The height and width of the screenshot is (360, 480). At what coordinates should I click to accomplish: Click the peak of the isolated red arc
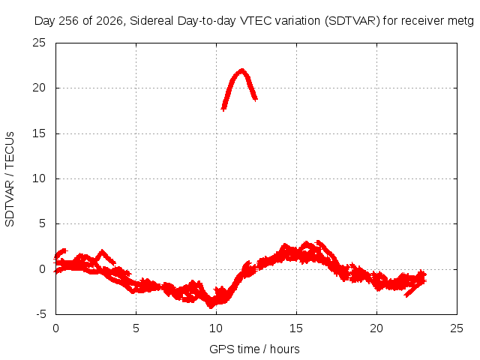click(x=242, y=70)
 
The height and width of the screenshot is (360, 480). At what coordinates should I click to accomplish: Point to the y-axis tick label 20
click(x=39, y=88)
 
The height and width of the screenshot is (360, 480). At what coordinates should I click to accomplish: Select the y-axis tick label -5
click(x=41, y=314)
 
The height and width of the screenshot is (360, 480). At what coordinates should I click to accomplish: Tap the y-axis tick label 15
click(x=39, y=133)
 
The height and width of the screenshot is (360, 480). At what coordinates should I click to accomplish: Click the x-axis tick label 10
click(x=216, y=328)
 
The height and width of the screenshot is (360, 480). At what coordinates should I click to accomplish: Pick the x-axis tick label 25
click(x=457, y=328)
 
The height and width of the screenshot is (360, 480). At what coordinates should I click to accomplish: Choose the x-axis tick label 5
click(x=136, y=328)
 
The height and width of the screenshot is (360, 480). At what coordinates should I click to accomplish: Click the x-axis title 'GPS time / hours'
click(x=254, y=349)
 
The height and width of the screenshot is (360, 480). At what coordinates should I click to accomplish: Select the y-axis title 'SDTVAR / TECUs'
click(x=10, y=179)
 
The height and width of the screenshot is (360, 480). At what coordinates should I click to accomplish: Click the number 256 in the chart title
click(x=68, y=21)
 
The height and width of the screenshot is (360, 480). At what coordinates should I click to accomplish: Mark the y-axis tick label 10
click(x=39, y=178)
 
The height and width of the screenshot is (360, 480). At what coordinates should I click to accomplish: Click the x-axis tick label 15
click(x=296, y=328)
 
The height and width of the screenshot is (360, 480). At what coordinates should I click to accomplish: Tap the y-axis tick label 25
click(x=39, y=43)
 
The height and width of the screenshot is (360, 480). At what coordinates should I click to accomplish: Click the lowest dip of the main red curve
click(x=211, y=307)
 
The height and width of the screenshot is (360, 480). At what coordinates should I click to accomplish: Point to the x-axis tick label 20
click(x=376, y=328)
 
